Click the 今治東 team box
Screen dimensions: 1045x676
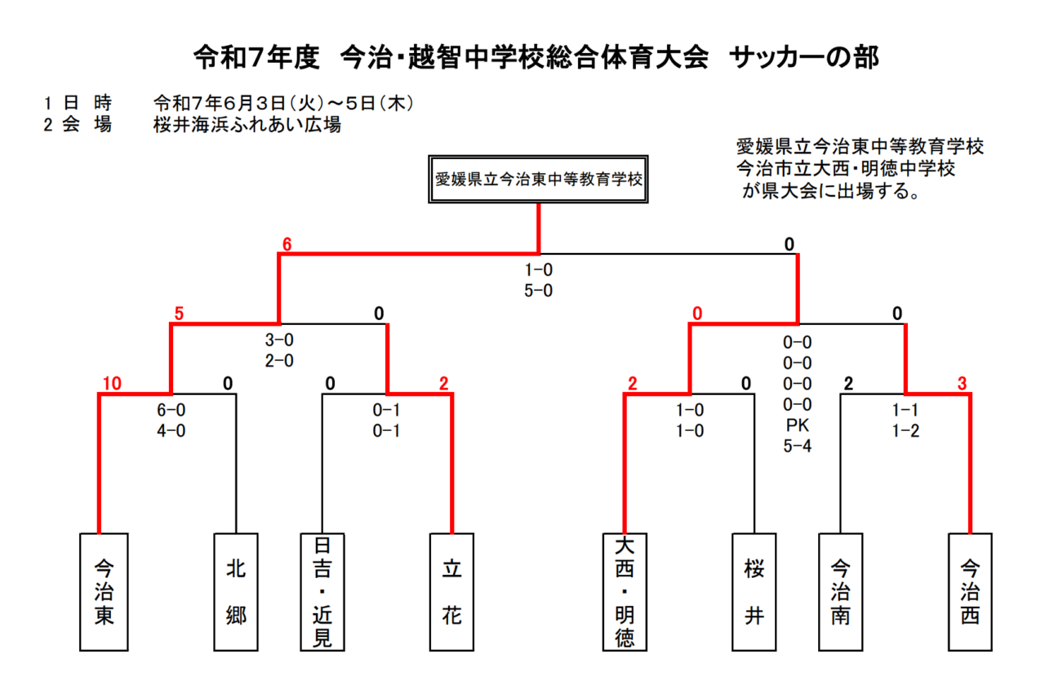click(x=104, y=592)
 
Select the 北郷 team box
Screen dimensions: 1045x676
click(x=236, y=592)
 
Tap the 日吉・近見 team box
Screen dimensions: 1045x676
click(x=322, y=592)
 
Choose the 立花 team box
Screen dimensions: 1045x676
click(x=451, y=592)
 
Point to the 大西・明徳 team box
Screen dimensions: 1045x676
click(x=625, y=592)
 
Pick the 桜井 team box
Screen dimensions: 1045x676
click(x=754, y=592)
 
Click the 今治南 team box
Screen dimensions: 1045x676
click(x=841, y=592)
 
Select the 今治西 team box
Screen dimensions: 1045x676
click(x=970, y=592)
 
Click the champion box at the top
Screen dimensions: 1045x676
click(x=538, y=179)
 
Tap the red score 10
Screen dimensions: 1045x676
click(x=112, y=384)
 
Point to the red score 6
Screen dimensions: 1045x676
click(x=287, y=244)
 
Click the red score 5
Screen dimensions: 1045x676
click(x=179, y=314)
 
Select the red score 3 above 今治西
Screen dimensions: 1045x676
click(x=962, y=384)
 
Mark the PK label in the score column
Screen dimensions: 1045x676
click(x=798, y=425)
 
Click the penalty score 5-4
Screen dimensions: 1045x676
click(x=798, y=446)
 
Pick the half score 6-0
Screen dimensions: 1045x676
click(x=171, y=410)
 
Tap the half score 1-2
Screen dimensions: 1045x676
click(x=905, y=430)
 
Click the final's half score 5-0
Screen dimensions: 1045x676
click(x=538, y=291)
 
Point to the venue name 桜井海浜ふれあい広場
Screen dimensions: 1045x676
click(x=247, y=125)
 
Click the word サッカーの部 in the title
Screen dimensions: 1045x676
click(x=804, y=58)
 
